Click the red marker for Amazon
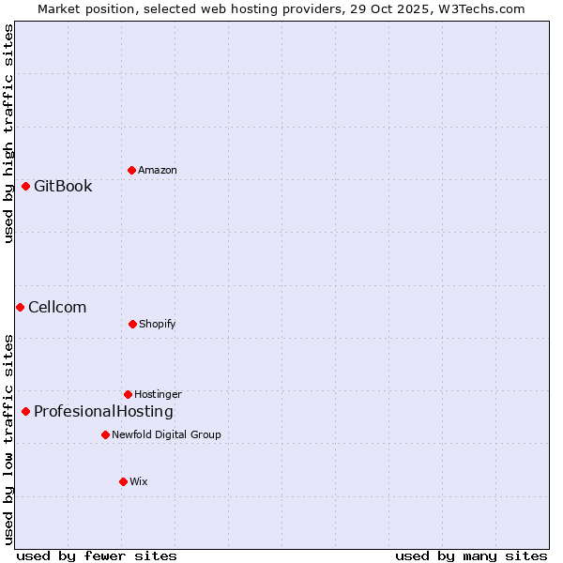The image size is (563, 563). coord(132,170)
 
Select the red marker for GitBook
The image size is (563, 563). coord(25,186)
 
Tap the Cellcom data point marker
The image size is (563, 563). coord(20,307)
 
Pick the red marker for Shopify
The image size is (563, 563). coord(132,324)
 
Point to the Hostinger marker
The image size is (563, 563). coord(128,394)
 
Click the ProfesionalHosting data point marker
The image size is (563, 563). coord(25,411)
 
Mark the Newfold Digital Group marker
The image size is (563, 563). coord(105,434)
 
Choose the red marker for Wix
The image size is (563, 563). coord(123,481)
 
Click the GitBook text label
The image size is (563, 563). coord(63,186)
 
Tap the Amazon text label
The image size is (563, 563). coord(158,170)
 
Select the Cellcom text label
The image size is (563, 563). coord(57,307)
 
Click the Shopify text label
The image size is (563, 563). coord(158,324)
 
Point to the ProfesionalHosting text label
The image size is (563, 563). coord(103,411)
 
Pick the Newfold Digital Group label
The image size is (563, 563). coord(166,434)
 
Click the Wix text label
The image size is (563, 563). coord(139,481)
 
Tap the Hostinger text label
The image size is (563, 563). coord(158,394)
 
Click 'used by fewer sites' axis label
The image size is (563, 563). coord(97,555)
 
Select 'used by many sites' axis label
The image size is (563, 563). coord(471,555)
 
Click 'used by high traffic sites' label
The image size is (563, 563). coord(8,133)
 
